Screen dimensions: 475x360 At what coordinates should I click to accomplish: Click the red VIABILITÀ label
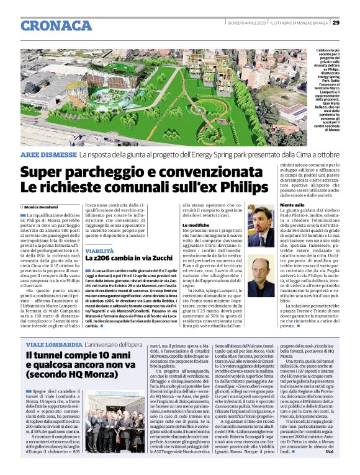coord(100,251)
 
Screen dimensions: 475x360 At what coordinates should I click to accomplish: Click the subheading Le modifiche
coord(195,224)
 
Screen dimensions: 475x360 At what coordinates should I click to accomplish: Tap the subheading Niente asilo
coord(293,204)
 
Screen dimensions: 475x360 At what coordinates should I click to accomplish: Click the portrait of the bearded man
coord(259,225)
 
